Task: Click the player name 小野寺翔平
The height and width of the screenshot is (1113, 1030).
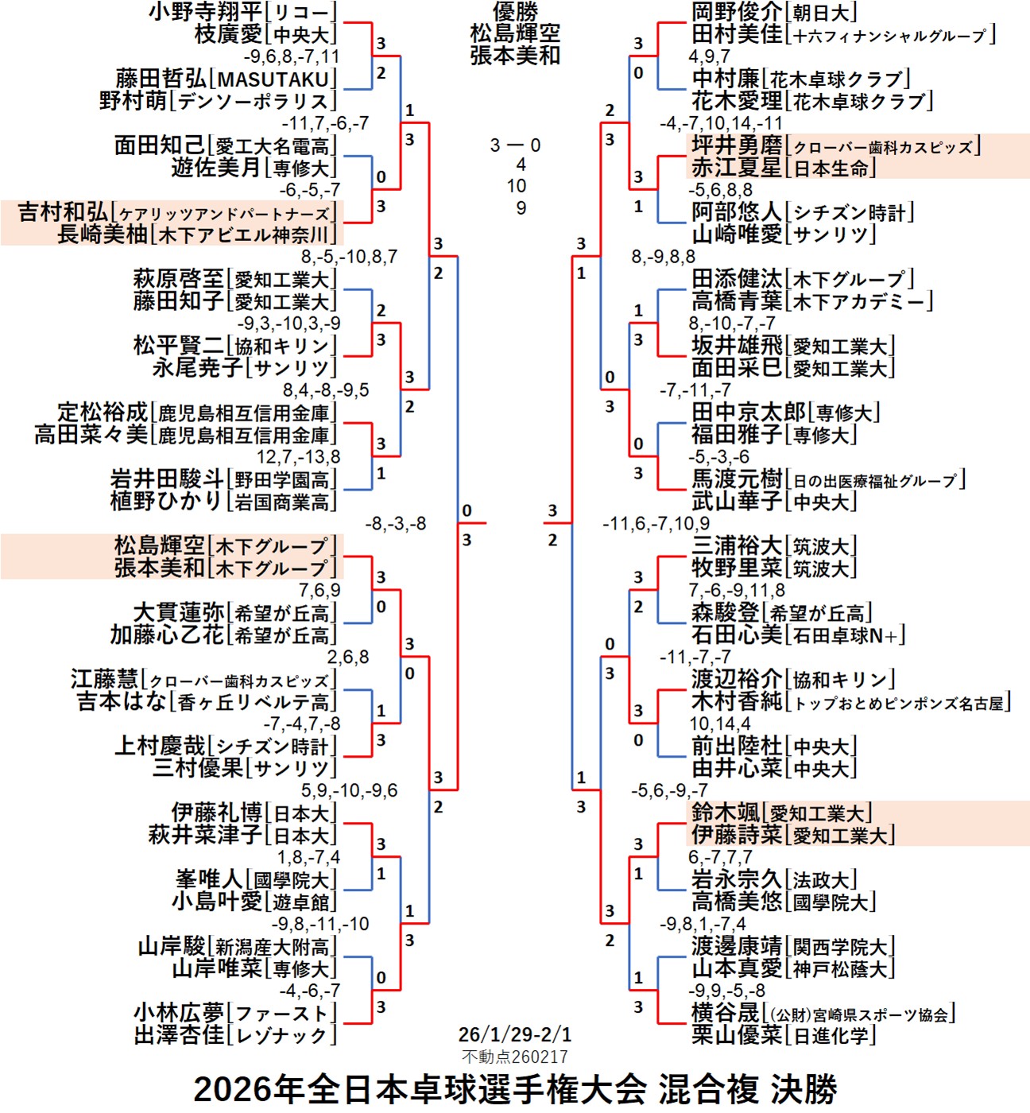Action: (x=205, y=12)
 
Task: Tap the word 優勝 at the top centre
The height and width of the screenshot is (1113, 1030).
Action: (x=515, y=11)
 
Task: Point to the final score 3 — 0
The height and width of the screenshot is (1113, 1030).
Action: (x=515, y=145)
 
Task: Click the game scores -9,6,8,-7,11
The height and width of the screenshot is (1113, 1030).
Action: (x=291, y=56)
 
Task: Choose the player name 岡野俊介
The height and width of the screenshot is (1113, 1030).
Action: (x=737, y=12)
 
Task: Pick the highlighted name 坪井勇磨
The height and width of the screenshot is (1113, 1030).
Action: (x=737, y=145)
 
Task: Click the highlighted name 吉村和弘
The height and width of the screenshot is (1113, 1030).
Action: (x=64, y=212)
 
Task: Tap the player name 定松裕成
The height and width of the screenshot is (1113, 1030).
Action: (x=103, y=413)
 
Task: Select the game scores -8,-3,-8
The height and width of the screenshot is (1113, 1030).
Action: (x=395, y=524)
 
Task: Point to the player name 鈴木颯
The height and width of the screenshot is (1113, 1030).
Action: (x=725, y=812)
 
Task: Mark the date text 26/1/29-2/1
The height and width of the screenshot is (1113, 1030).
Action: (x=515, y=1034)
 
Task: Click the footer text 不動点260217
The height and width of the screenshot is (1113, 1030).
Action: (x=515, y=1057)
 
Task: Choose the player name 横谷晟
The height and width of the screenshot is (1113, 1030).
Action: (x=725, y=1013)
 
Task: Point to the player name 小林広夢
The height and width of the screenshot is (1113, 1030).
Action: (x=179, y=1013)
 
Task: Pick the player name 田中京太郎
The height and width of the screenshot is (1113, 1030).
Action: (x=748, y=413)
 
